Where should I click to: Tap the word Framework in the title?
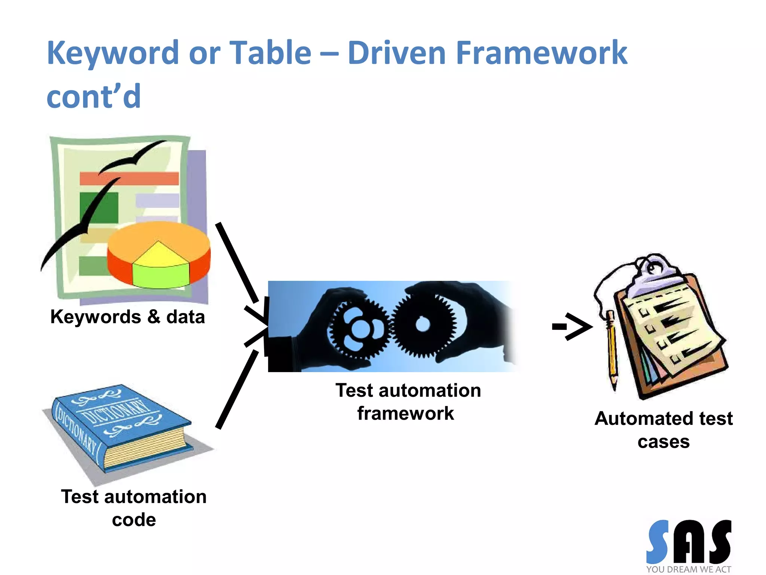[541, 54]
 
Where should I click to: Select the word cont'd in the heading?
[94, 97]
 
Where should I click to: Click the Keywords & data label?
[128, 317]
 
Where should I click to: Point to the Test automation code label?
[134, 508]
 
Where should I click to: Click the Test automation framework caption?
[408, 402]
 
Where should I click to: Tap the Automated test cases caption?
[664, 430]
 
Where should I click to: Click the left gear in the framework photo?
[358, 328]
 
